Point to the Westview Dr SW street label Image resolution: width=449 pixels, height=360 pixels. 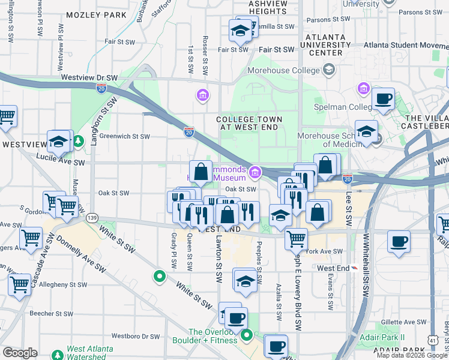tap(89, 78)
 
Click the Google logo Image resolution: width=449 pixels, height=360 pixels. tap(20, 352)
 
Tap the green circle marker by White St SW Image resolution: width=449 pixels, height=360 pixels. tap(159, 277)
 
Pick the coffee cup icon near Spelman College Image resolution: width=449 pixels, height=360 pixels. tap(383, 100)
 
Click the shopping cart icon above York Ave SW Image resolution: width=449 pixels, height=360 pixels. tap(296, 239)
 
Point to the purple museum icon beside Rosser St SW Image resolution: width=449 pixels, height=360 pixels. tap(202, 95)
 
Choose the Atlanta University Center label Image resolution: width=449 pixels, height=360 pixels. tap(326, 45)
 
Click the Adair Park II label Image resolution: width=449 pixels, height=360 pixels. tap(386, 337)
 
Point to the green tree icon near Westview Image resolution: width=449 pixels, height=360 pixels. tap(79, 142)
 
